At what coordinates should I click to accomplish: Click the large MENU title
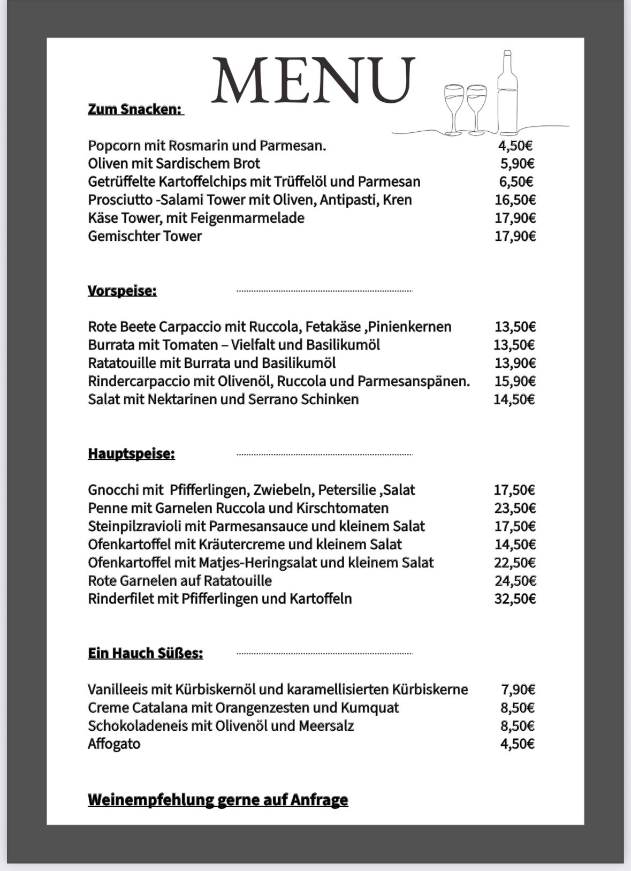[x=313, y=80]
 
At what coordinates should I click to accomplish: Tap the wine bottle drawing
[x=507, y=94]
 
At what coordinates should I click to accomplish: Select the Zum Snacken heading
[x=135, y=109]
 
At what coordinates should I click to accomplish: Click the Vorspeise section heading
[x=122, y=291]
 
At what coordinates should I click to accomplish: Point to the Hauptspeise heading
[x=131, y=454]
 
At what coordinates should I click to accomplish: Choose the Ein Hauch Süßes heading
[x=145, y=654]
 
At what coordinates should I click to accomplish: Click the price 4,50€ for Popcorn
[x=515, y=146]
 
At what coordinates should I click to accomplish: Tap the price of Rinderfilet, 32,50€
[x=514, y=599]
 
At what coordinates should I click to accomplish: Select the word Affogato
[x=114, y=744]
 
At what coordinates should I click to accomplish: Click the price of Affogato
[x=517, y=744]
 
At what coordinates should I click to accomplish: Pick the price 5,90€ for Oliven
[x=517, y=164]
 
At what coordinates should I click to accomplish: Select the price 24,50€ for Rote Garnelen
[x=514, y=581]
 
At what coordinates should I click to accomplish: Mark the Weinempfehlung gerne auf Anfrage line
[x=218, y=800]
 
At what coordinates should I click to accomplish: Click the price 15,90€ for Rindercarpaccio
[x=514, y=381]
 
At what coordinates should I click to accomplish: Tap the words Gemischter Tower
[x=145, y=236]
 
